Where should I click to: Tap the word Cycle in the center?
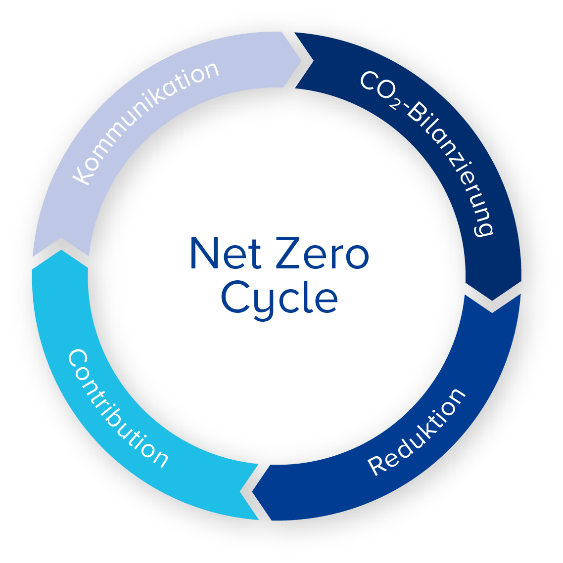(280, 298)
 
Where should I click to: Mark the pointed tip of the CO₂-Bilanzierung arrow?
(492, 299)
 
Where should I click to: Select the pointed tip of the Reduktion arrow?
(254, 492)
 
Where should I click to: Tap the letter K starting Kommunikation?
(82, 175)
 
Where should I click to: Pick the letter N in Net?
(204, 253)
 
